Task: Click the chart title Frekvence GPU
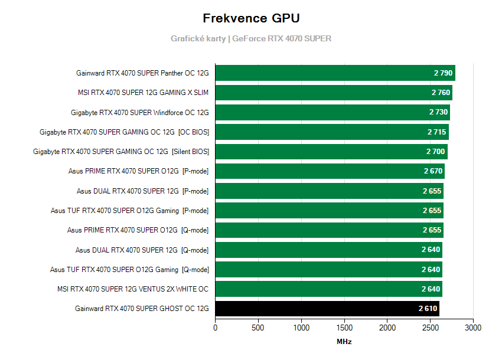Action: coord(251,18)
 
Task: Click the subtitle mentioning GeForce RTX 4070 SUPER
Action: coord(251,38)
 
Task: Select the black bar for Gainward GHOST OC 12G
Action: coord(327,309)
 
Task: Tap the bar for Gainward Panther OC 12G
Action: coord(335,73)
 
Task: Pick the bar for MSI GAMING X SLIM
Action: coord(333,93)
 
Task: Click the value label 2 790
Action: coord(442,73)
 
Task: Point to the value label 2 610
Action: coord(427,309)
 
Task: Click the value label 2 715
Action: coord(436,132)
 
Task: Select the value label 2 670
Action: coord(433,171)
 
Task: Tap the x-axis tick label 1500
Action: coord(344,328)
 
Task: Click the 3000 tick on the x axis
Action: coord(473,328)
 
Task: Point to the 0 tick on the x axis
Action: coord(216,328)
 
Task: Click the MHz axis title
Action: coord(344,342)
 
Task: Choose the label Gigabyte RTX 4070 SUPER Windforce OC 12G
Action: coord(140,112)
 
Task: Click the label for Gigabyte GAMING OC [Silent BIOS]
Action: coord(121,152)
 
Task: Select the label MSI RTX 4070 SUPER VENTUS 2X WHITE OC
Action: coord(133,289)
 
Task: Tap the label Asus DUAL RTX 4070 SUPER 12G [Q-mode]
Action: coord(142,250)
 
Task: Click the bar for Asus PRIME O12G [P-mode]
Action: coord(330,171)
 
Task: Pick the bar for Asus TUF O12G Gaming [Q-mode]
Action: coord(328,269)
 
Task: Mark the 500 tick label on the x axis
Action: coord(259,328)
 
